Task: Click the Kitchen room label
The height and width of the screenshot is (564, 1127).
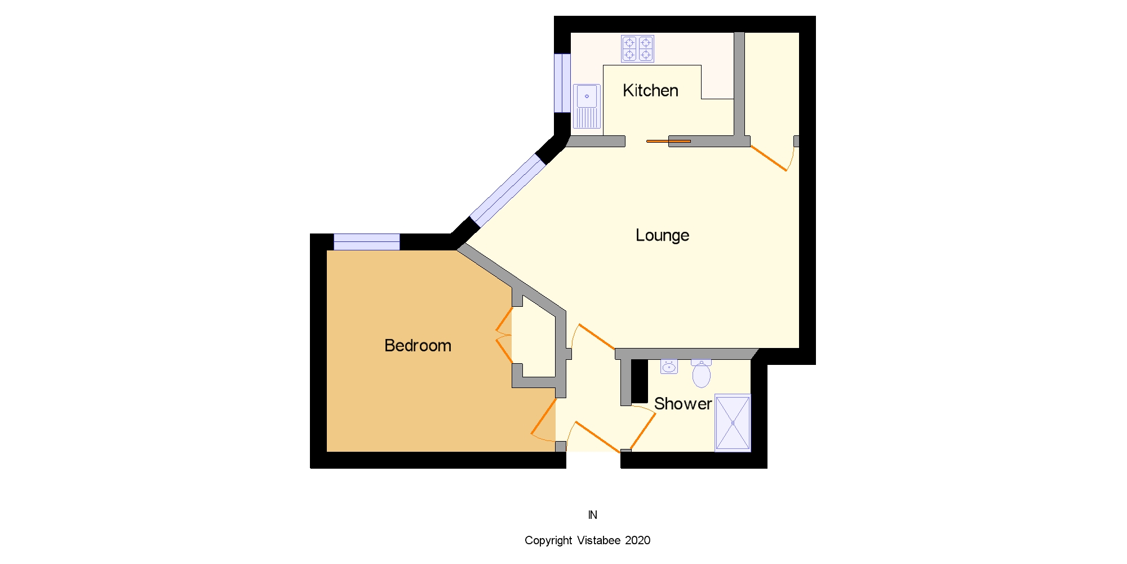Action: pos(650,90)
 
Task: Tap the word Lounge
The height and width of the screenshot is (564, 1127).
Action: pos(662,235)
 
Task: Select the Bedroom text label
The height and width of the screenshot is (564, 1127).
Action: pos(418,345)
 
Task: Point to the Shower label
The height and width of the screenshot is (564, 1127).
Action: pos(683,404)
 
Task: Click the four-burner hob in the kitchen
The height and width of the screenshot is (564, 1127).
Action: pos(637,49)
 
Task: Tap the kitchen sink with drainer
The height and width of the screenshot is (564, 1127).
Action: pos(587,107)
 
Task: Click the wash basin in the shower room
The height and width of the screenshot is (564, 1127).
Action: pos(669,367)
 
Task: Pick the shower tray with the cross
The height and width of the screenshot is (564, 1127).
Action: pos(733,422)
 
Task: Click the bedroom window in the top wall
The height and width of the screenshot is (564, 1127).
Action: pos(367,242)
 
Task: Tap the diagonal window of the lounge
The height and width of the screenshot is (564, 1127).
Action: pos(508,190)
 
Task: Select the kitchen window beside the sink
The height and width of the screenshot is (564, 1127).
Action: pos(562,83)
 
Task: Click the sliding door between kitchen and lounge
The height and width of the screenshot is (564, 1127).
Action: pos(668,141)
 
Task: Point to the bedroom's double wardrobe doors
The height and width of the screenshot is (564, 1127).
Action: pos(504,335)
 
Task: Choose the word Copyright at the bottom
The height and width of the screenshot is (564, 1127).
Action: pos(548,540)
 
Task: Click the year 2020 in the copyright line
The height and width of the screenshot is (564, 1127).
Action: pos(637,540)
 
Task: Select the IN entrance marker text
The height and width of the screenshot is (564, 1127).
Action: pos(592,515)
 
